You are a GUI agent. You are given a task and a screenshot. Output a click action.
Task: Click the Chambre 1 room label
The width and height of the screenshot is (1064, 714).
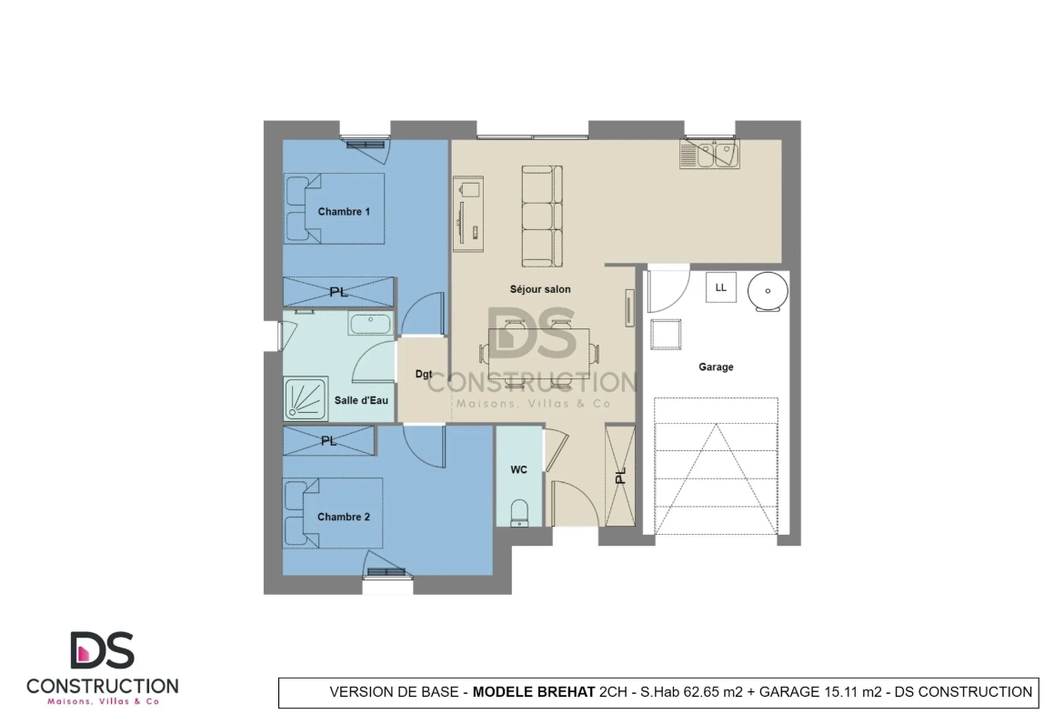pos(344,212)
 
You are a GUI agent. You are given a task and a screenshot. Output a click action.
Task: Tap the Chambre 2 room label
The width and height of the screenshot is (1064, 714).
pos(344,517)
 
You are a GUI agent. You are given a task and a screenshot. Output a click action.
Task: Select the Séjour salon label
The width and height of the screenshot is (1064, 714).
pos(540,289)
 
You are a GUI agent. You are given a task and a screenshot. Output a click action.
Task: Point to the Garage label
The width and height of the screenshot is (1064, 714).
pos(716,367)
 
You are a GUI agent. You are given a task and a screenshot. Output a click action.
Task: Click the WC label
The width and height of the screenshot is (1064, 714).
pos(518,470)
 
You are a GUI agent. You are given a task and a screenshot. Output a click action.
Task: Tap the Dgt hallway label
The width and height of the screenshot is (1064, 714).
pos(424,374)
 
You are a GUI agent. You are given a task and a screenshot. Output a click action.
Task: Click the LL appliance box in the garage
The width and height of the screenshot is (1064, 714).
pos(721,287)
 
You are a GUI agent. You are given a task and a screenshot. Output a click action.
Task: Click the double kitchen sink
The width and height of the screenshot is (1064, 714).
pos(710,155)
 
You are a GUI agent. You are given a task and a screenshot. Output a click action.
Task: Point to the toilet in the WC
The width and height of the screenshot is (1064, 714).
pos(519,512)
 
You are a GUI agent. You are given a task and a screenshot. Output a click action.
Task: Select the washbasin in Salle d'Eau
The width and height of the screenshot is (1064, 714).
pos(370,323)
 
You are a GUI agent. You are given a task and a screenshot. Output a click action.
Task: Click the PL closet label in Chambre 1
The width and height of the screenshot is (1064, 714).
pos(338,292)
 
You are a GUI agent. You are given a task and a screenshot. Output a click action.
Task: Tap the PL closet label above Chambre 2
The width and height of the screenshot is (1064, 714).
pos(329,441)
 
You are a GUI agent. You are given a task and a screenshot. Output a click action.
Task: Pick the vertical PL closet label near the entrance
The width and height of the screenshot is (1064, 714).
pos(621,477)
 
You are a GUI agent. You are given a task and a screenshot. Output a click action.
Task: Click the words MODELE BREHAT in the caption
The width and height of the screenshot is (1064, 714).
pos(534,692)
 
